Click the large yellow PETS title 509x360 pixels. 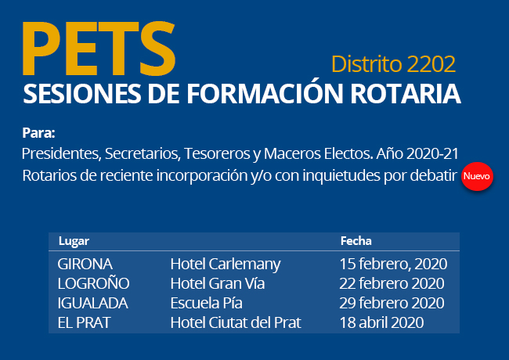(x=99, y=49)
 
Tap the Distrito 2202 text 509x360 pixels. (x=393, y=64)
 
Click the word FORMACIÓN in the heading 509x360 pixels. (x=265, y=93)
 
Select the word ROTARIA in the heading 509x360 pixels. (x=406, y=94)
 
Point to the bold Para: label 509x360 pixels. (x=38, y=133)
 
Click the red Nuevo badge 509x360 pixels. (x=477, y=176)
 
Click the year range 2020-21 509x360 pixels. (x=432, y=153)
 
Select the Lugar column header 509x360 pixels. (x=74, y=241)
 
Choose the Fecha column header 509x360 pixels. (x=356, y=241)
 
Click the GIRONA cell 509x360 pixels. (x=85, y=264)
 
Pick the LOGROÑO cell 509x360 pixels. (x=93, y=283)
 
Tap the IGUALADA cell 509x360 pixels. (x=93, y=303)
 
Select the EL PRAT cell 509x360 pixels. (x=84, y=322)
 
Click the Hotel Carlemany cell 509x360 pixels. (x=226, y=265)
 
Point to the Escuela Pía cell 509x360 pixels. (x=207, y=303)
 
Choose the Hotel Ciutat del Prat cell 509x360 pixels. (x=236, y=322)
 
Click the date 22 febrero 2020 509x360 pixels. (x=392, y=283)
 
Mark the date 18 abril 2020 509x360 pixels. (x=381, y=322)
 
